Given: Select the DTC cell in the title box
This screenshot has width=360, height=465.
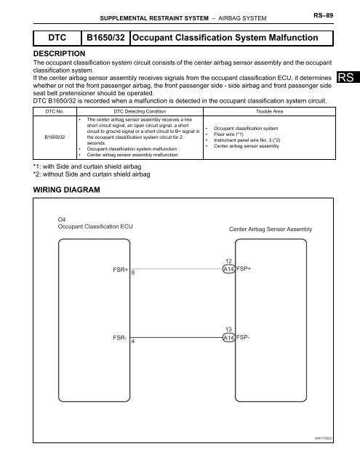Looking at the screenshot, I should tap(52, 36).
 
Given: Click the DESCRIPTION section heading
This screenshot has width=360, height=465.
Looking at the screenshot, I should tap(60, 54).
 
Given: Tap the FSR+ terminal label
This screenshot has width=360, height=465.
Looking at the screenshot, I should tap(121, 269).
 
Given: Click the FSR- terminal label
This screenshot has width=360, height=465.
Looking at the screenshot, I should tap(121, 338).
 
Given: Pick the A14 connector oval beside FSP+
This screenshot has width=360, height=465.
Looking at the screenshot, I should tap(228, 269).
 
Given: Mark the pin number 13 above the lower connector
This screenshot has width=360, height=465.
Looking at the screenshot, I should tap(228, 329).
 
